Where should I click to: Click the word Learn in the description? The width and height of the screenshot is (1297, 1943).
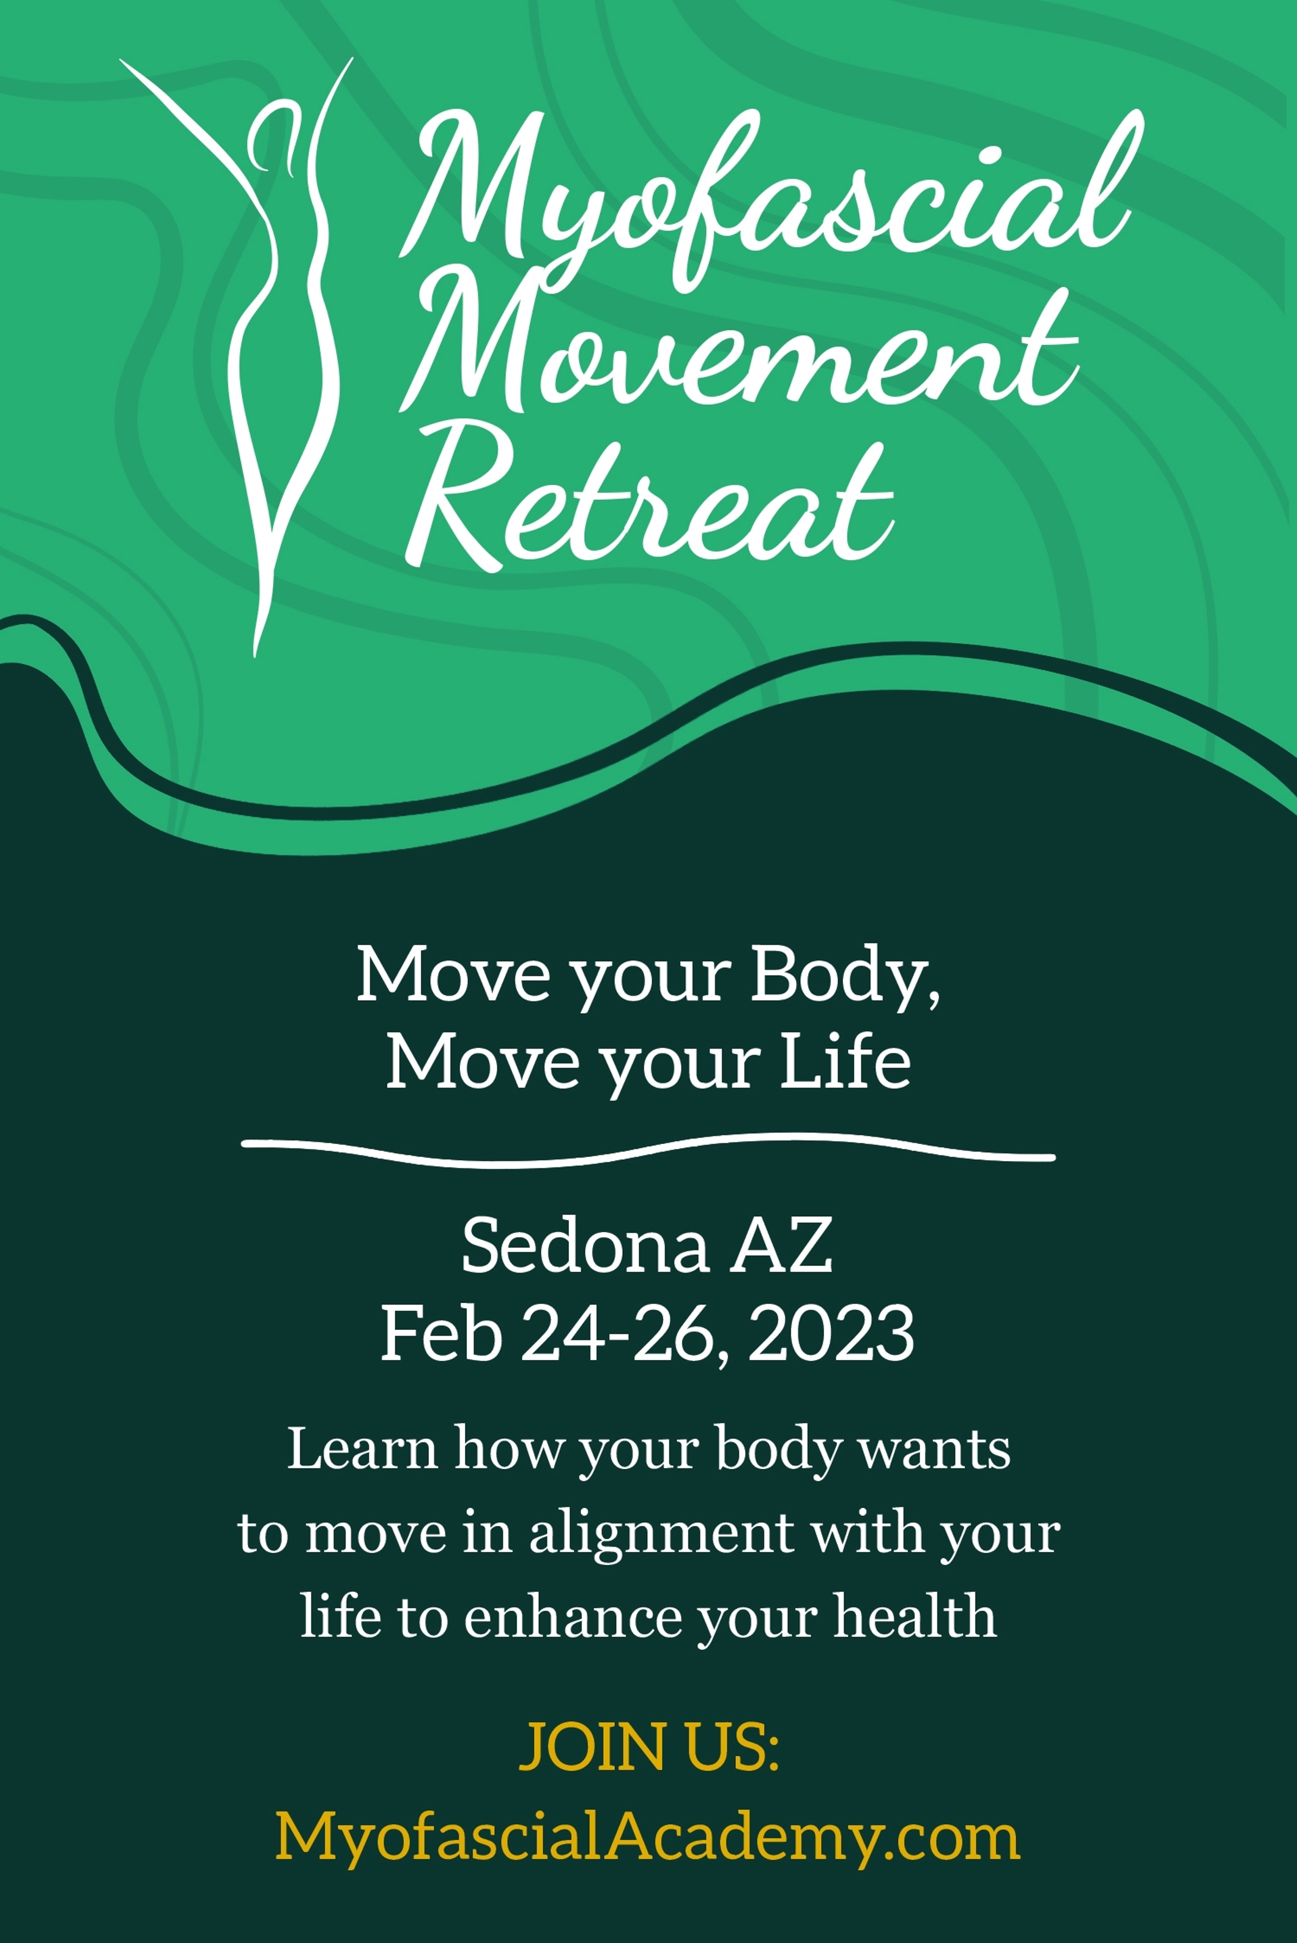tap(362, 1450)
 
